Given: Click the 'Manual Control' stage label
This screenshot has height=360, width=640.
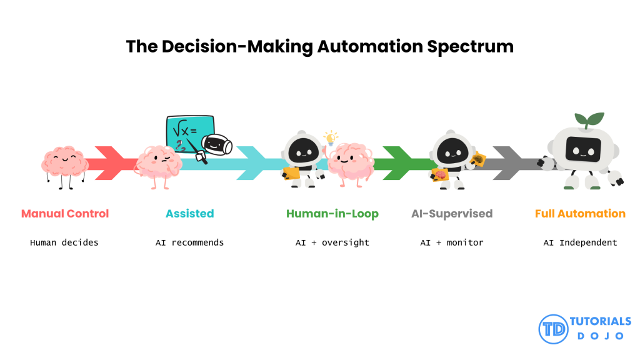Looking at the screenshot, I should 65,214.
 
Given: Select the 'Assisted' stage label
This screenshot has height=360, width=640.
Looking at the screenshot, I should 189,214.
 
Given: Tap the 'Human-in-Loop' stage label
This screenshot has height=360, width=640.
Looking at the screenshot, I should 332,214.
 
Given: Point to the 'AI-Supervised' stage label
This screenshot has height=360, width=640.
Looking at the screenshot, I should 452,214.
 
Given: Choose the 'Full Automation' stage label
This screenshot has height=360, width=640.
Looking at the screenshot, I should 580,214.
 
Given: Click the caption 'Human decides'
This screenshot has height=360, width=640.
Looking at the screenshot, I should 64,242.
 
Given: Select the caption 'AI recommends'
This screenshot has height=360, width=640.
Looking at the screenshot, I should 189,242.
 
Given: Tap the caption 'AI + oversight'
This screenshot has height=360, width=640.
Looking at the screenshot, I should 332,242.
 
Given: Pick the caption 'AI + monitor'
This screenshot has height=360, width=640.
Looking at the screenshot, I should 452,242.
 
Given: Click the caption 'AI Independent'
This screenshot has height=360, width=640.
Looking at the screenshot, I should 580,242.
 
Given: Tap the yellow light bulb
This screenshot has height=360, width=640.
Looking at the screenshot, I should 329,137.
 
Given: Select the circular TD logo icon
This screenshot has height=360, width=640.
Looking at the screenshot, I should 553,329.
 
